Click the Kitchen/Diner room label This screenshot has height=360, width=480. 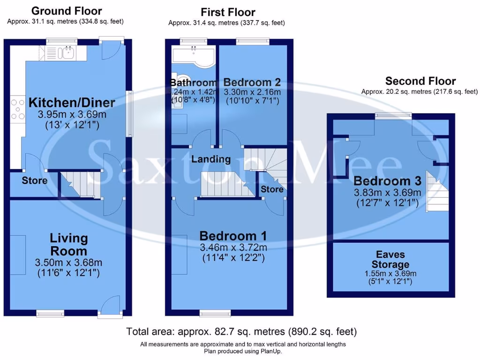[72, 103]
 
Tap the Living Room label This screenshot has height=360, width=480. [69, 244]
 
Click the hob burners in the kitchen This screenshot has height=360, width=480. [17, 109]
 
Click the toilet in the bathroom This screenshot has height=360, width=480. [181, 80]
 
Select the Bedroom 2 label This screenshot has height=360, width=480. [252, 82]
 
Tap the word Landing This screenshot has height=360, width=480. [211, 159]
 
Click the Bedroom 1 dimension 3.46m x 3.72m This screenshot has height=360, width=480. [233, 247]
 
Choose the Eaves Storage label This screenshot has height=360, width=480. [390, 259]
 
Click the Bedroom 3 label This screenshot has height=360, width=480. [387, 181]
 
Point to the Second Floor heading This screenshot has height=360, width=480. [420, 81]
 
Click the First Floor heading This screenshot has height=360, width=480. [228, 12]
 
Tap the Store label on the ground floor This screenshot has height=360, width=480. [34, 180]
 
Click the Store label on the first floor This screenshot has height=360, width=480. [272, 189]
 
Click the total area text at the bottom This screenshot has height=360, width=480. [241, 332]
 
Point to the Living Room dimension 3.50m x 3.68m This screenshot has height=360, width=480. [69, 262]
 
